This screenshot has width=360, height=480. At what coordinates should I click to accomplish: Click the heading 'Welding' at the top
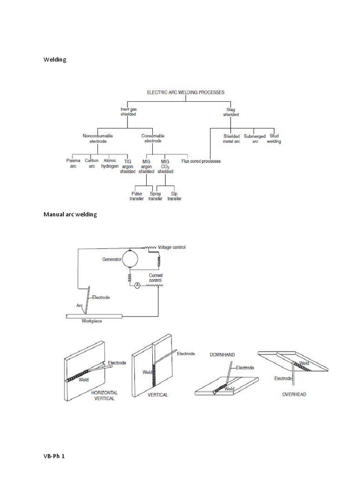pyautogui.click(x=55, y=60)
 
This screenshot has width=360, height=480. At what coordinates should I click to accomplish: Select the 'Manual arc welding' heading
pyautogui.click(x=70, y=214)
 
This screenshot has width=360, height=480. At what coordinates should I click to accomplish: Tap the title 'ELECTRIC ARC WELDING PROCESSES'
pyautogui.click(x=186, y=92)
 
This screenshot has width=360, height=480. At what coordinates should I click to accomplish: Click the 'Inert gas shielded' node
pyautogui.click(x=128, y=112)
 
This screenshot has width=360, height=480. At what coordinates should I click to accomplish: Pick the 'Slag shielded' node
pyautogui.click(x=231, y=112)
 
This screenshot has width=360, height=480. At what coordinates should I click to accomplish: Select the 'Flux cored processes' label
pyautogui.click(x=201, y=161)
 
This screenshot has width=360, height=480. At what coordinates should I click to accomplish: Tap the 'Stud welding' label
pyautogui.click(x=274, y=138)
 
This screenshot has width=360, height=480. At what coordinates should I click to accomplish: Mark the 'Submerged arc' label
pyautogui.click(x=255, y=138)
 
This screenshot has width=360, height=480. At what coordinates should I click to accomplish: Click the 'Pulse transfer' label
pyautogui.click(x=137, y=196)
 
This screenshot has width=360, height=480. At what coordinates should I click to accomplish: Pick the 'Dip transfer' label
pyautogui.click(x=174, y=196)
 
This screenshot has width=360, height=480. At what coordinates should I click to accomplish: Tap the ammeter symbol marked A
pyautogui.click(x=138, y=285)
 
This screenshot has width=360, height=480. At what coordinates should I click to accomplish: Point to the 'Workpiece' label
pyautogui.click(x=92, y=321)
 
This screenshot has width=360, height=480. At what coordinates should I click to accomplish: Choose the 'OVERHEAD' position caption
pyautogui.click(x=294, y=394)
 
